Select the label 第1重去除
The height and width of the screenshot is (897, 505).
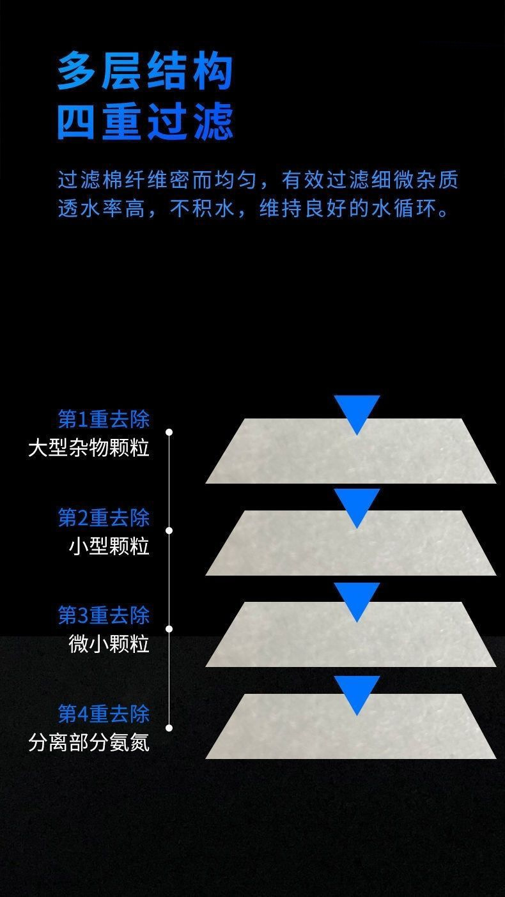pyautogui.click(x=104, y=419)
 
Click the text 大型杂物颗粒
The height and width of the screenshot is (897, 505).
pyautogui.click(x=89, y=448)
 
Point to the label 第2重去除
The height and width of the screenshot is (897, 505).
pyautogui.click(x=104, y=517)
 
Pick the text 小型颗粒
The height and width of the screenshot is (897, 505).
pyautogui.click(x=109, y=546)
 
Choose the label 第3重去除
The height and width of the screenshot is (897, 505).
pyautogui.click(x=104, y=616)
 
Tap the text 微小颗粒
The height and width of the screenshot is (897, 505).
pyautogui.click(x=109, y=644)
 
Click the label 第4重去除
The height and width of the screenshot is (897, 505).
pyautogui.click(x=104, y=713)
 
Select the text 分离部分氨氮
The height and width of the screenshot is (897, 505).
pyautogui.click(x=89, y=742)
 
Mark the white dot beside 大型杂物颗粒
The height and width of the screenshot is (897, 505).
pyautogui.click(x=169, y=433)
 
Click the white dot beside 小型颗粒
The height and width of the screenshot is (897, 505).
pyautogui.click(x=169, y=530)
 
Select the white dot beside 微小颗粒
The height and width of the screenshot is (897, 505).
pyautogui.click(x=169, y=629)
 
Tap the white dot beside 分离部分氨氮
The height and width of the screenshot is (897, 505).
pyautogui.click(x=169, y=727)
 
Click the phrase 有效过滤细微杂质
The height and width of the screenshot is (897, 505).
pyautogui.click(x=370, y=180)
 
